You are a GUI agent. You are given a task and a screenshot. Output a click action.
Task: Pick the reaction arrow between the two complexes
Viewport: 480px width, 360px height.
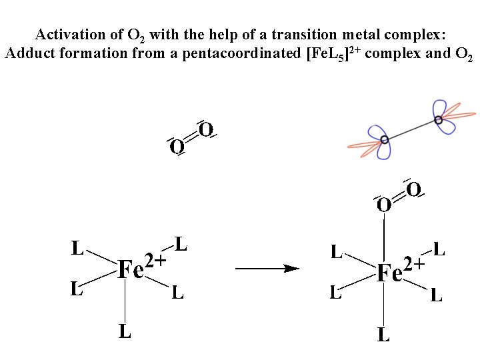pos(267,269)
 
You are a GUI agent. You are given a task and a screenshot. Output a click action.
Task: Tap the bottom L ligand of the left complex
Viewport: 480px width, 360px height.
pos(125,331)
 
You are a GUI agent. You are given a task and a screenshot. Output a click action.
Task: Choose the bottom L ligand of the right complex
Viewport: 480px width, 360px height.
pos(383,335)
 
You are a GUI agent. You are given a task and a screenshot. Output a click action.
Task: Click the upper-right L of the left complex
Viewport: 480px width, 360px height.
pos(180,244)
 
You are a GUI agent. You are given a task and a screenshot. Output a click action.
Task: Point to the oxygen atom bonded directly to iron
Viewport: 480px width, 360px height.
pos(383,205)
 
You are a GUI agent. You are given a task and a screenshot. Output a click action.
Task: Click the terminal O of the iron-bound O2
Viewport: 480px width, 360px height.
pos(413,190)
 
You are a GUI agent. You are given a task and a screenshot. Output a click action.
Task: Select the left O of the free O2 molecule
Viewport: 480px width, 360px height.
pos(177,146)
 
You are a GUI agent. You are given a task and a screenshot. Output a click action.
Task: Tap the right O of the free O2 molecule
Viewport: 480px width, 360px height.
pos(207,129)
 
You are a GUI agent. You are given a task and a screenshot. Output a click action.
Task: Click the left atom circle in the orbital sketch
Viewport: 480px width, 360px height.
pos(385,140)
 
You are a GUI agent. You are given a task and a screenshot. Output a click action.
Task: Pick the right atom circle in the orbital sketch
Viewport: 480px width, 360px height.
pos(438,120)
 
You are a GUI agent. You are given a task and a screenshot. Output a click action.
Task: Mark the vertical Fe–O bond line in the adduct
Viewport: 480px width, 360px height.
pos(384,237)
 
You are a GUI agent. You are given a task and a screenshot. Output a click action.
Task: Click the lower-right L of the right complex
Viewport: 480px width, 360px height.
pos(436,295)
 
